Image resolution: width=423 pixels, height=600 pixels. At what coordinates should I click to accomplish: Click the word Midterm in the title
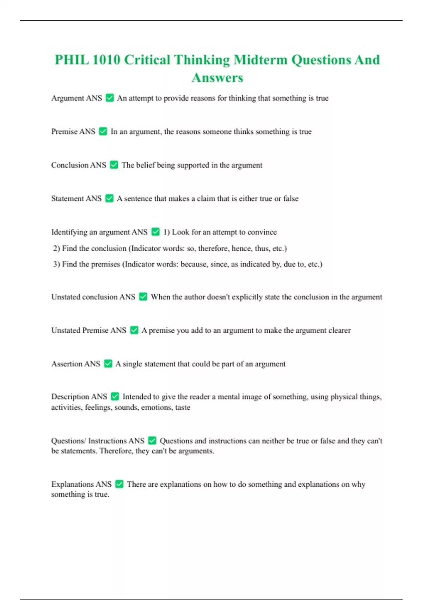tap(260, 60)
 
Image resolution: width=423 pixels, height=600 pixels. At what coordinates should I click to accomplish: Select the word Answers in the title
tap(217, 78)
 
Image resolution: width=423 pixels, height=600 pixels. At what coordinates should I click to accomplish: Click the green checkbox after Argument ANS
tap(110, 98)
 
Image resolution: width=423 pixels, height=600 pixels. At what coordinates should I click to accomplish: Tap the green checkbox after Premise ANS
tap(103, 131)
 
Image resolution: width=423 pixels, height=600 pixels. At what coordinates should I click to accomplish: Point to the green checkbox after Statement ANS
tap(109, 198)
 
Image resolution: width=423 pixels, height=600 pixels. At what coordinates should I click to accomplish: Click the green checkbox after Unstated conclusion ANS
tap(143, 297)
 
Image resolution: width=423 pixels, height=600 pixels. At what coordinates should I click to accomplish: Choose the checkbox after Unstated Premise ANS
tap(134, 330)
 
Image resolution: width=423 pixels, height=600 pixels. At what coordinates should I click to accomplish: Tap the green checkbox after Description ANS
tap(115, 396)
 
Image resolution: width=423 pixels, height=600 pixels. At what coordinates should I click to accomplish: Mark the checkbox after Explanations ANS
tap(119, 484)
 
